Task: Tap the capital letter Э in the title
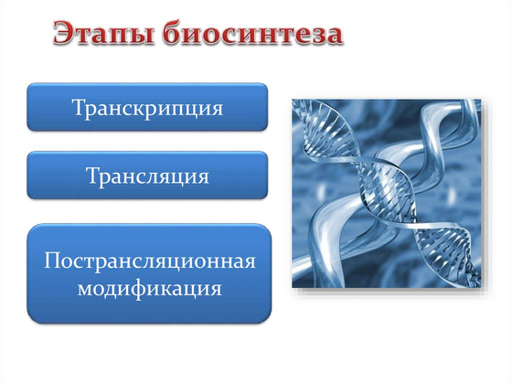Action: click(61, 35)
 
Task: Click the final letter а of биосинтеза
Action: click(336, 37)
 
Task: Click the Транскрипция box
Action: click(147, 107)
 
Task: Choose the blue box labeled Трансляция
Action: click(147, 175)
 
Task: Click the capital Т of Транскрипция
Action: click(78, 107)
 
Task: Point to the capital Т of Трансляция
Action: click(91, 175)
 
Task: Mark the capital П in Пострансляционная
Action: click(50, 261)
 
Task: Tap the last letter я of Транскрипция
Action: click(218, 109)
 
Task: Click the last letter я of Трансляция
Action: click(204, 176)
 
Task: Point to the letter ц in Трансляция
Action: click(177, 177)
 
